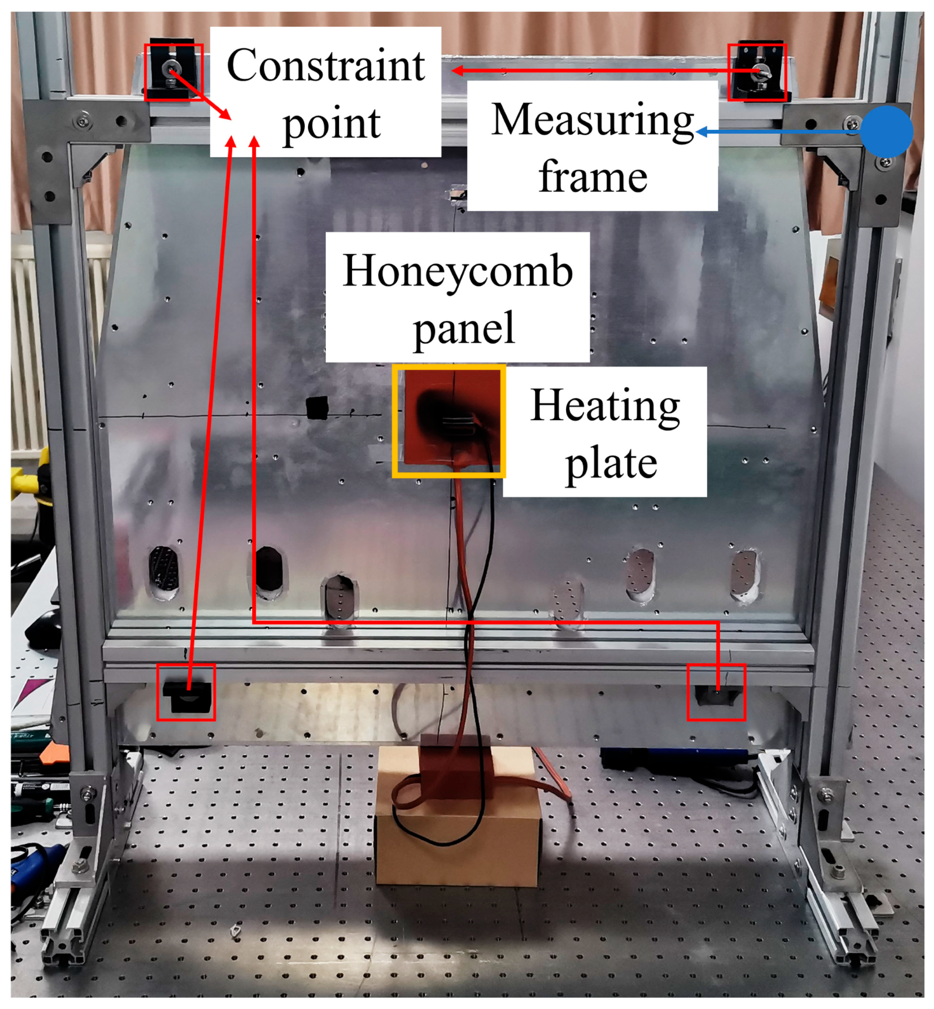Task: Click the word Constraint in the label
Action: point(325,65)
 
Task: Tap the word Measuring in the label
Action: point(592,120)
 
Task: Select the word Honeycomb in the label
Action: point(458,271)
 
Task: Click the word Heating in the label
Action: point(605,406)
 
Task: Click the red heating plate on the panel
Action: point(449,421)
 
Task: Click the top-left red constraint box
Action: point(174,72)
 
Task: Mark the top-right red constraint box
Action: point(757,72)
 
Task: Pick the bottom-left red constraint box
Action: point(186,692)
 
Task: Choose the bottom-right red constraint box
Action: point(716,692)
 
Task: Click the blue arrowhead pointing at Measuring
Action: point(701,132)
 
